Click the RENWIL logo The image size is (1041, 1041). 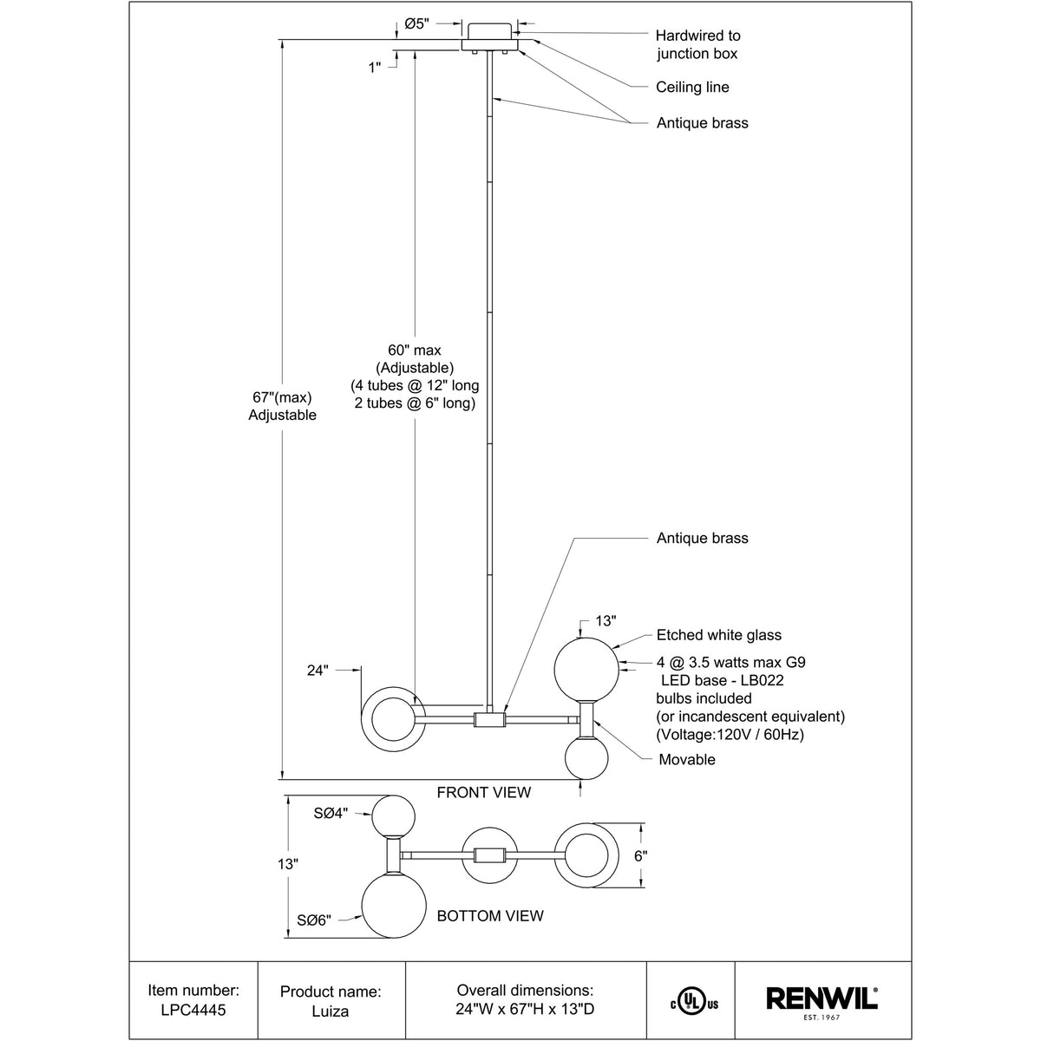tap(822, 999)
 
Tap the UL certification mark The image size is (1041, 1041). tap(691, 1002)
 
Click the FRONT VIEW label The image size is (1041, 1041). tap(483, 792)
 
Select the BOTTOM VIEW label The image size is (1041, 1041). tap(490, 916)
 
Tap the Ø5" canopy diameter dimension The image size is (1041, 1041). tap(416, 24)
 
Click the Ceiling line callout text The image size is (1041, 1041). tap(692, 87)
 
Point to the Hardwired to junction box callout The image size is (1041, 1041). tap(697, 45)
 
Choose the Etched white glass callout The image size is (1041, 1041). tap(718, 636)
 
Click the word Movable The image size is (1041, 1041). tap(687, 760)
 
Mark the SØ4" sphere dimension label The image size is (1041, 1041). tap(331, 813)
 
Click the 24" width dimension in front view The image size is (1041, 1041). tap(319, 671)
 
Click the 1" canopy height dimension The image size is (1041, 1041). tap(375, 67)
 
